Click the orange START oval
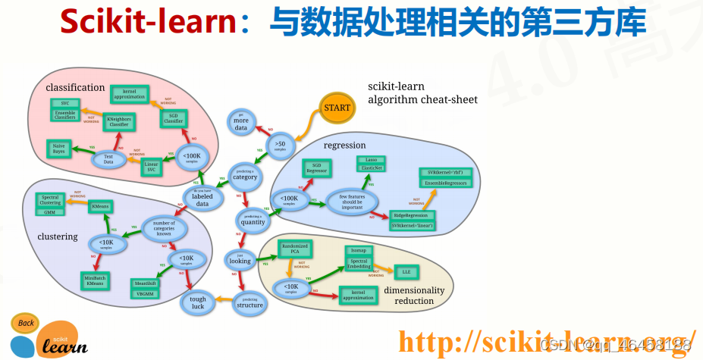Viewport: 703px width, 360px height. click(x=337, y=108)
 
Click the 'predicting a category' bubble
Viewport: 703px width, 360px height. click(x=245, y=175)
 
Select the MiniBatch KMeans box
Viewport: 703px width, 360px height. click(x=96, y=280)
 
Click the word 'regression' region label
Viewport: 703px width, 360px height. click(x=344, y=146)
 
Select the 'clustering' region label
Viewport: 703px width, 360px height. click(x=58, y=236)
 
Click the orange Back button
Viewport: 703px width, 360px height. click(x=25, y=324)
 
